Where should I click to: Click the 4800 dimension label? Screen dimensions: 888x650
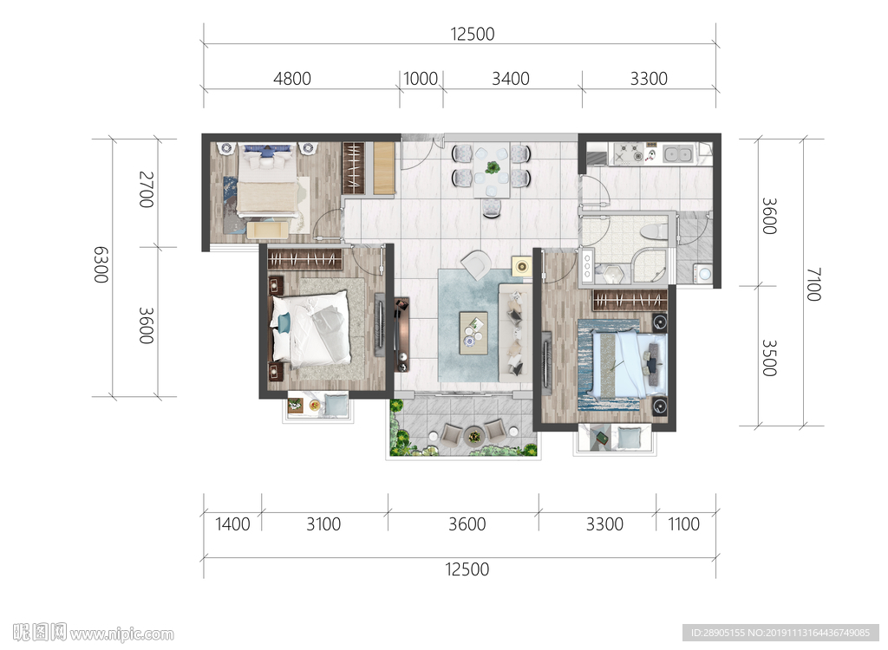point(292,78)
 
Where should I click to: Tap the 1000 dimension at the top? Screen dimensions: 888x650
point(421,78)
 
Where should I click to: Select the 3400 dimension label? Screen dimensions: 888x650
point(510,78)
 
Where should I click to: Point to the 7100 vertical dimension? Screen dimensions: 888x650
point(813,284)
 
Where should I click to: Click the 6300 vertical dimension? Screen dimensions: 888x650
point(101,264)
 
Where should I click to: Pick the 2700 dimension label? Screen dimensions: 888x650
point(146,189)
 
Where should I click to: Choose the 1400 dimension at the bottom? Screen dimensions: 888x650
point(232,523)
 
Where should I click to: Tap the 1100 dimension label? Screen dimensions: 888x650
point(683,523)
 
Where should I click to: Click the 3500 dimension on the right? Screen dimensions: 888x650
point(768,358)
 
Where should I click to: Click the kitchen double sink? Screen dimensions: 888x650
point(677,153)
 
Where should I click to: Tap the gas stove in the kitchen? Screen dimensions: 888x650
point(630,153)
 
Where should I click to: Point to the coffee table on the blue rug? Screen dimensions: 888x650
point(473,333)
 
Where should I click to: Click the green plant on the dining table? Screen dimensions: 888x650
point(493,167)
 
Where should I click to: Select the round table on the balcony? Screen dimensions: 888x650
point(474,436)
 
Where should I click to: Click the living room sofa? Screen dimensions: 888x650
point(515,332)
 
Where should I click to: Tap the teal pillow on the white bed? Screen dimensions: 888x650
point(283,322)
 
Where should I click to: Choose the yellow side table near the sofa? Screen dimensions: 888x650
point(521,265)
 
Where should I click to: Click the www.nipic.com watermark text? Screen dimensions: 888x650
point(121,634)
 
